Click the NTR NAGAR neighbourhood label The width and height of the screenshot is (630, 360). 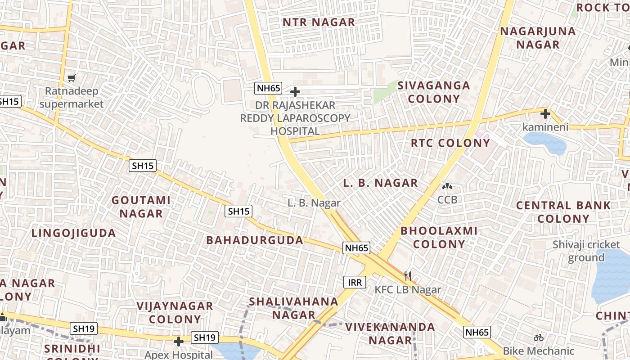coord(319,22)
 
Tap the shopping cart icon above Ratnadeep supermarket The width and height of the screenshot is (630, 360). coord(71,78)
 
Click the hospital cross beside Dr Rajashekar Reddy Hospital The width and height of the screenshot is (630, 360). coord(295,92)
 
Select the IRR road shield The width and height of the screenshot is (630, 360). coord(355,282)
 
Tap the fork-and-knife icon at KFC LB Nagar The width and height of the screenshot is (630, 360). coord(408,276)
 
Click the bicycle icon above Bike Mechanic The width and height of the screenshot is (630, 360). coord(539,337)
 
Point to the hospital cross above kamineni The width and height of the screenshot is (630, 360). coord(545,113)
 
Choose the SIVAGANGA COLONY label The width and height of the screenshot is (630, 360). coord(434,92)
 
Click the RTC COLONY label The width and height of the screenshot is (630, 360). coord(450,143)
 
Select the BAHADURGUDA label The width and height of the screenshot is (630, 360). coord(255,240)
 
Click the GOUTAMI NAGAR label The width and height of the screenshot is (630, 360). coord(141,207)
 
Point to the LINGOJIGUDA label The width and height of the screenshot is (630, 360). coord(74,233)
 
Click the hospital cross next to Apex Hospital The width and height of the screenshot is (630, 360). coord(179,342)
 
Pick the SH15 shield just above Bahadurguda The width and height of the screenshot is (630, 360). coord(238,211)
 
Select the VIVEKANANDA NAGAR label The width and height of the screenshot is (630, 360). coord(390,333)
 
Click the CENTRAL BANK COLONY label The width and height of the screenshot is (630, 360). coord(563,212)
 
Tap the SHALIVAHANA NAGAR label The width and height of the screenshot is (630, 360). coord(293,308)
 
